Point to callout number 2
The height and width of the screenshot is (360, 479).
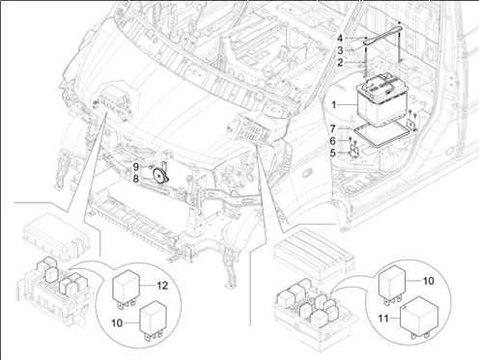(339, 61)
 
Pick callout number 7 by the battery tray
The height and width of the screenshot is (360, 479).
(332, 127)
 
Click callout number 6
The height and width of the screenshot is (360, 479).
(332, 140)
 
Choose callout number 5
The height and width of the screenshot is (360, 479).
(332, 152)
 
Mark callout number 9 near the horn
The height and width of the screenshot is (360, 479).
(137, 166)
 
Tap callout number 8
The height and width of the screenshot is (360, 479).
(137, 178)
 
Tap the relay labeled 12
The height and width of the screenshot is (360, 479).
(127, 287)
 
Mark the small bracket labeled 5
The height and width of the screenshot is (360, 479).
(353, 149)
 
